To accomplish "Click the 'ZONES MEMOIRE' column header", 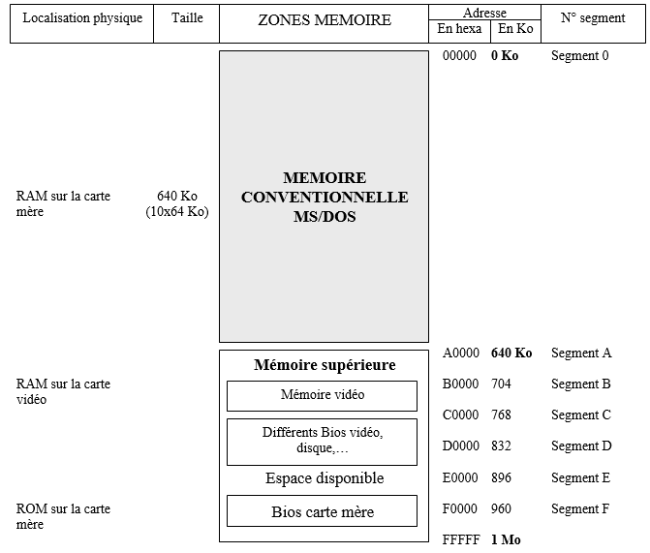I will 324,20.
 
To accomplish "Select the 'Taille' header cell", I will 186,18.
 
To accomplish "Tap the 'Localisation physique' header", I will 81,18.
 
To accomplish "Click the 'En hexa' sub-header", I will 459,29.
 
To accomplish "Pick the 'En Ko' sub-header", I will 515,29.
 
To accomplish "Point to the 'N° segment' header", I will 593,18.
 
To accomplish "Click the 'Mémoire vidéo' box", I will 322,395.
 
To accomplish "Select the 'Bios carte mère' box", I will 322,511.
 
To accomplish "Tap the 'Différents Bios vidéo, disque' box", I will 322,441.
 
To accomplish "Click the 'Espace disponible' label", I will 325,478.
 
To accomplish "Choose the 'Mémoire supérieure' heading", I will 325,365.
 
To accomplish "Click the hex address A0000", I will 460,353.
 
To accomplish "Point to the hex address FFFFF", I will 460,539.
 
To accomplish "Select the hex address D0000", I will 460,446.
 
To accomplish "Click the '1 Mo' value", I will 505,539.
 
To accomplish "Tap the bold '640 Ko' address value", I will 511,353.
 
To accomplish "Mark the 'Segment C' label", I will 581,415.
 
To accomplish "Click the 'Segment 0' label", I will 580,56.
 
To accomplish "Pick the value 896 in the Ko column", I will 501,477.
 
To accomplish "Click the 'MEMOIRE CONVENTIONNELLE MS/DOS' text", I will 325,198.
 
